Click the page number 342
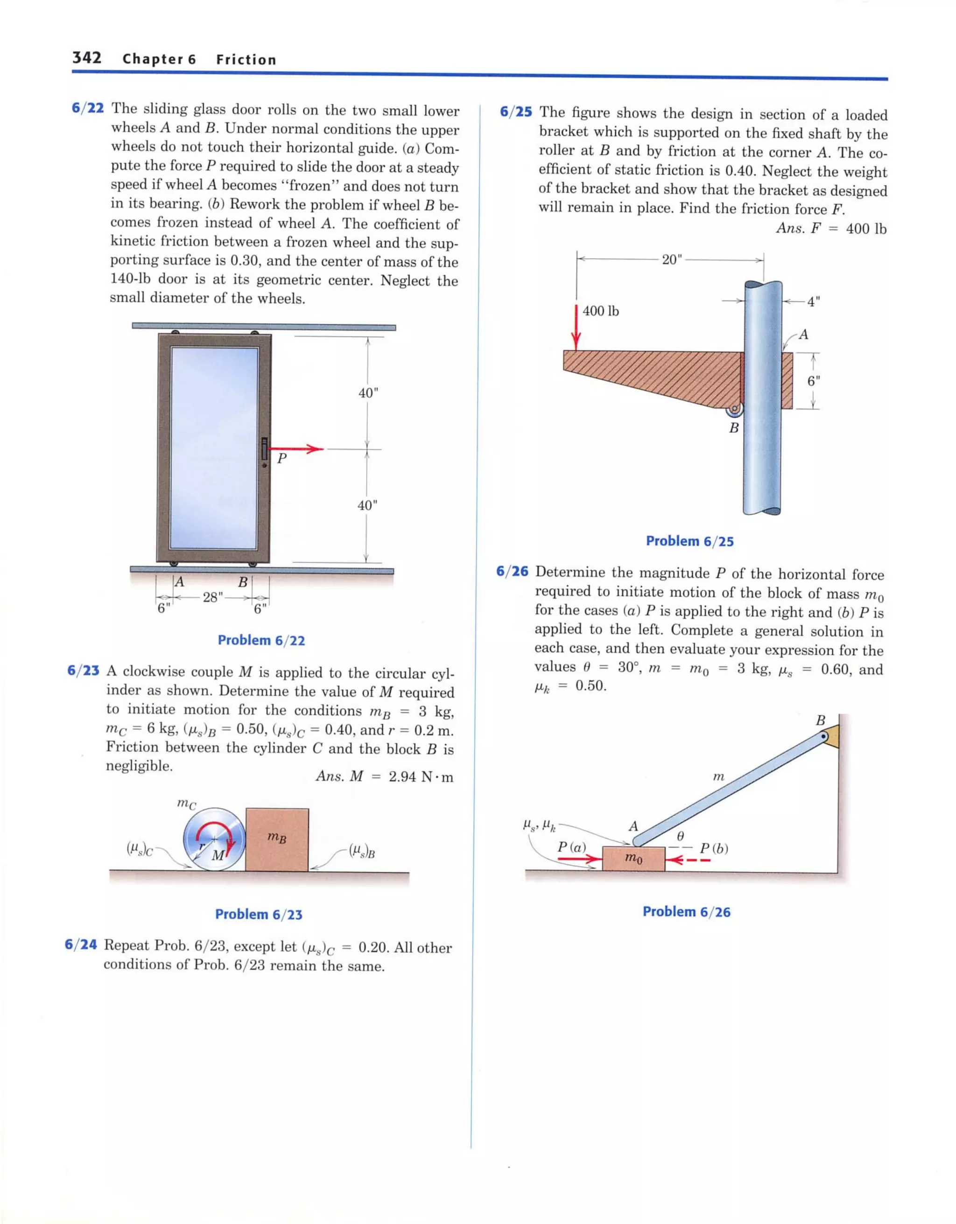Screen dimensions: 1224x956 coord(86,58)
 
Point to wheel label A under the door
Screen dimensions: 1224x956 coord(179,582)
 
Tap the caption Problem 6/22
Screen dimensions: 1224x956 coord(261,640)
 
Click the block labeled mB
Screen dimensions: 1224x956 coord(277,839)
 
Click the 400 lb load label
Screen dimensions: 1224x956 coord(600,311)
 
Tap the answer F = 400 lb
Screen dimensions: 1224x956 coord(831,229)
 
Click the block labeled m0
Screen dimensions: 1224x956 coord(633,859)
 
